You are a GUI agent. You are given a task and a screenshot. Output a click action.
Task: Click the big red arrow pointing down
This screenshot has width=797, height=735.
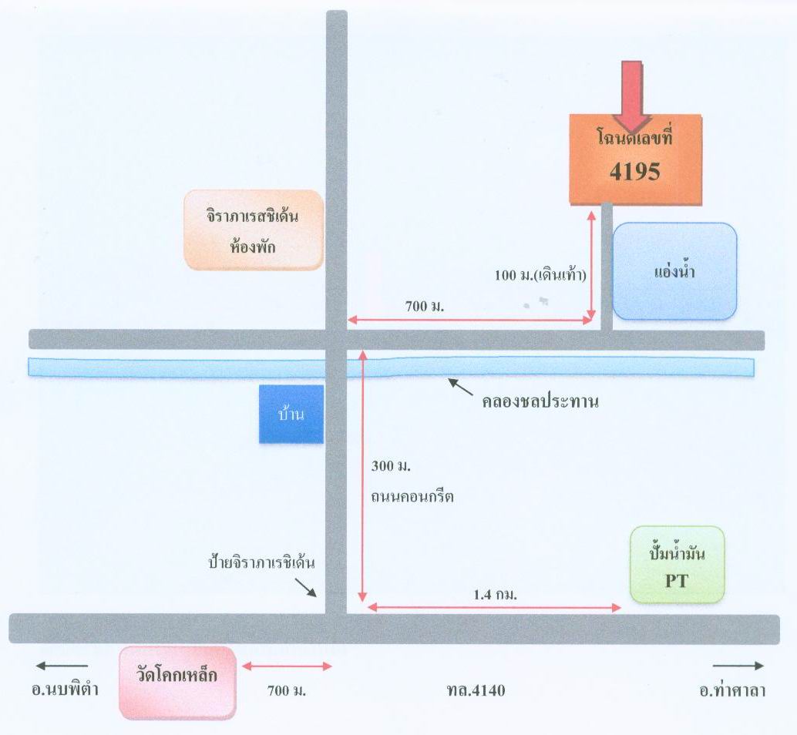click(632, 96)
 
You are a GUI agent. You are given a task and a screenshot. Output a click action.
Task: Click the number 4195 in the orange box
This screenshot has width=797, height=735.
click(635, 172)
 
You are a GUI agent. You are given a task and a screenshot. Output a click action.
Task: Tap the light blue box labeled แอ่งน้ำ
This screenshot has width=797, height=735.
click(674, 271)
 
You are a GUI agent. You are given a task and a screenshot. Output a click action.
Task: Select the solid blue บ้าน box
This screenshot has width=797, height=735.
click(291, 414)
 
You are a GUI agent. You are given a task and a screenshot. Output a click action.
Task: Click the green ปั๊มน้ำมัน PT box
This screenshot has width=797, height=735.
click(677, 564)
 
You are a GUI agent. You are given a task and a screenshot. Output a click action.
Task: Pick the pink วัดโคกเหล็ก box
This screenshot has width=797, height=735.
click(177, 683)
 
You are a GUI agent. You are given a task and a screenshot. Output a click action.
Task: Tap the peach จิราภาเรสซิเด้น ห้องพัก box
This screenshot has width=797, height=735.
click(254, 230)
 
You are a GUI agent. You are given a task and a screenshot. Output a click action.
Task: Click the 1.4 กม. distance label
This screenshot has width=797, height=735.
click(495, 594)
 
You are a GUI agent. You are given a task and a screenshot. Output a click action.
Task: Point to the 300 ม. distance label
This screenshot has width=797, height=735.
click(391, 466)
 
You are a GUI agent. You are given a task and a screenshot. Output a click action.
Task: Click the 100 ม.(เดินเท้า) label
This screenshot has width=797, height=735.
click(540, 275)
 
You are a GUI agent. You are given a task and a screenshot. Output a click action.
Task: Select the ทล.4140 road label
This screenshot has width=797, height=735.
click(476, 690)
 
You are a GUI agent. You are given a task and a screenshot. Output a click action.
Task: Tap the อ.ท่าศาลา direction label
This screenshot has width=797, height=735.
click(732, 690)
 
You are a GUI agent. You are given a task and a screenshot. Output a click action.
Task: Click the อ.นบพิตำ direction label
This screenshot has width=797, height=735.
click(65, 690)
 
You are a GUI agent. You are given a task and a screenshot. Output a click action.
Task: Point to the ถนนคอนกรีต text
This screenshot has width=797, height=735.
click(412, 496)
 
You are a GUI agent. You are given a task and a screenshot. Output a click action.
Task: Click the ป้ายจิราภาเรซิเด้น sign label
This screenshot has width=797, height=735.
click(262, 562)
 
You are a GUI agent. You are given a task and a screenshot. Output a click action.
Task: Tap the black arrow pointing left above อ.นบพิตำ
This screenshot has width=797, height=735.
click(62, 666)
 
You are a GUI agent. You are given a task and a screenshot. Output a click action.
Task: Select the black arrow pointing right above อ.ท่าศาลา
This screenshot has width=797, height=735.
click(738, 666)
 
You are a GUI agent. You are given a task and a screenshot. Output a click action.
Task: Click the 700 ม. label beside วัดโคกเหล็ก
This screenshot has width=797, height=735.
click(287, 690)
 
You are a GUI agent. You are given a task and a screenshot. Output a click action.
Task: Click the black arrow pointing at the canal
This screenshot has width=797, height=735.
click(460, 387)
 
